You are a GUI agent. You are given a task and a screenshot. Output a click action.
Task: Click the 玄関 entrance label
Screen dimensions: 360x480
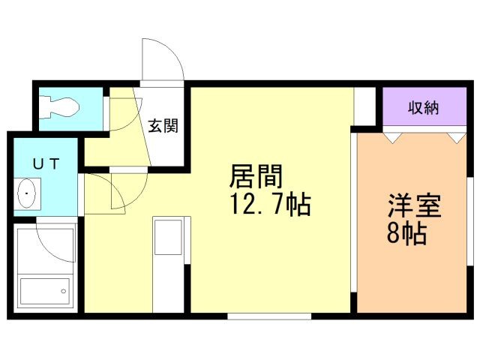point(163,125)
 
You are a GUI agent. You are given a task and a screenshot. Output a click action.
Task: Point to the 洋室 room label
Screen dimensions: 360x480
point(414,205)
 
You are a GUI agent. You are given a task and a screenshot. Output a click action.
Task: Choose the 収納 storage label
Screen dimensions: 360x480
point(423,108)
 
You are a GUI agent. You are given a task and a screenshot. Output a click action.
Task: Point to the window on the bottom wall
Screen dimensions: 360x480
point(269,316)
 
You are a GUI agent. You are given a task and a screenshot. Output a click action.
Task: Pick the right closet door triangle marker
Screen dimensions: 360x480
point(455,136)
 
